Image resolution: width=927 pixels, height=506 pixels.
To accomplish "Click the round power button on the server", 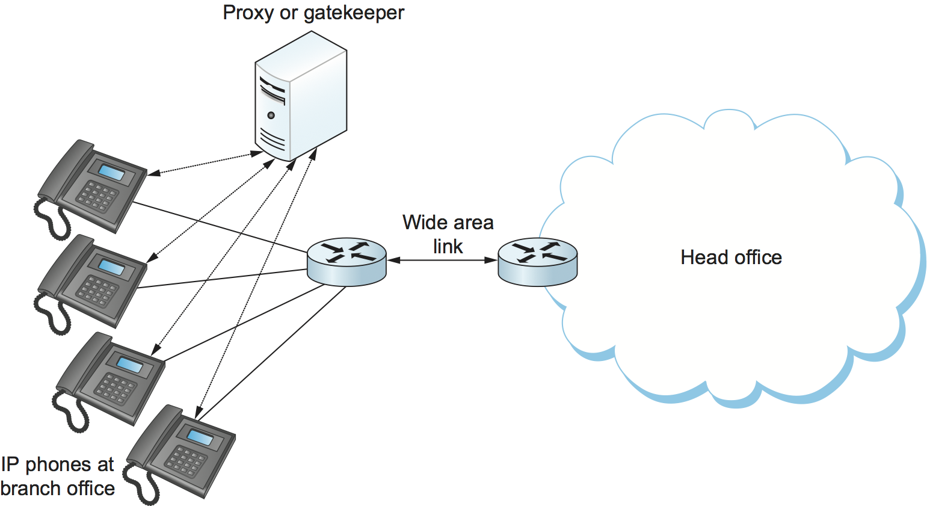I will (x=271, y=115).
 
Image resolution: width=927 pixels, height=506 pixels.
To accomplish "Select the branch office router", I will (x=346, y=262).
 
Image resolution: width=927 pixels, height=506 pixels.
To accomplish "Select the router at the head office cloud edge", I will (x=537, y=262).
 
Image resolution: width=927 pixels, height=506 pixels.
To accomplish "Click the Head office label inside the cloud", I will (x=731, y=258).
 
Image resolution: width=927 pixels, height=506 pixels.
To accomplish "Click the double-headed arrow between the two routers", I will (x=442, y=261).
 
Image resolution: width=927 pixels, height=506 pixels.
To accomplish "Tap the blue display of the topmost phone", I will (x=112, y=173).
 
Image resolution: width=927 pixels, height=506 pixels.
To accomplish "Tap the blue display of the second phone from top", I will (x=111, y=267).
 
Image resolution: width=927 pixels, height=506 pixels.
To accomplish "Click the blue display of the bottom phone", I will (x=200, y=437).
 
